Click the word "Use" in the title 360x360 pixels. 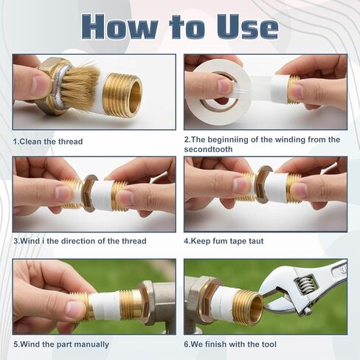click(x=247, y=27)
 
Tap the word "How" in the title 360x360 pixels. click(x=120, y=27)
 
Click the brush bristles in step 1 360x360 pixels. click(x=81, y=86)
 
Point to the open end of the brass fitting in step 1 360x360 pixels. click(x=134, y=95)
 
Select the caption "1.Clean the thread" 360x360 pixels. click(x=48, y=142)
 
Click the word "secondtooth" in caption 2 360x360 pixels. click(x=208, y=149)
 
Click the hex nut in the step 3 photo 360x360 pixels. click(x=90, y=194)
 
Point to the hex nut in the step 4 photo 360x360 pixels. click(x=263, y=184)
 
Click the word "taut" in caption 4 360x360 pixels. click(x=256, y=241)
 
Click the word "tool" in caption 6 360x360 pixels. click(x=269, y=345)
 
